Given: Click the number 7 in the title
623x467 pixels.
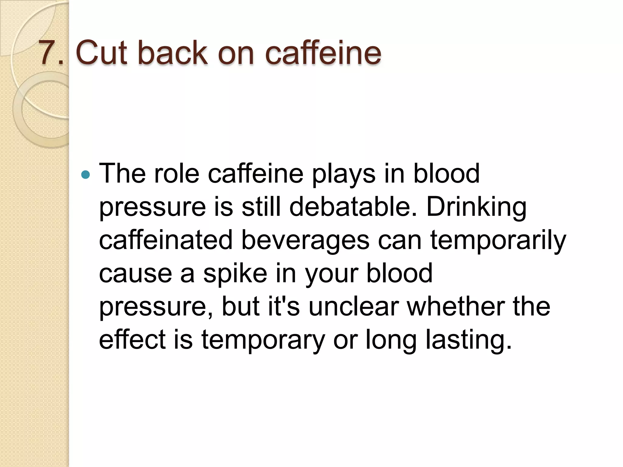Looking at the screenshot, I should (48, 53).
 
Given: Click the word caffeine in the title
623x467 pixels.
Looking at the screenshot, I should (323, 53).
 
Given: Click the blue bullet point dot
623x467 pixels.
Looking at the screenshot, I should (86, 175).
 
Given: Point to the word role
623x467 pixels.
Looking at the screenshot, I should (176, 174).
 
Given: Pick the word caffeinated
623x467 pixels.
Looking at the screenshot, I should (166, 240).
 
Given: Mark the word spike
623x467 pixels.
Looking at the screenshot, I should (235, 274).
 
